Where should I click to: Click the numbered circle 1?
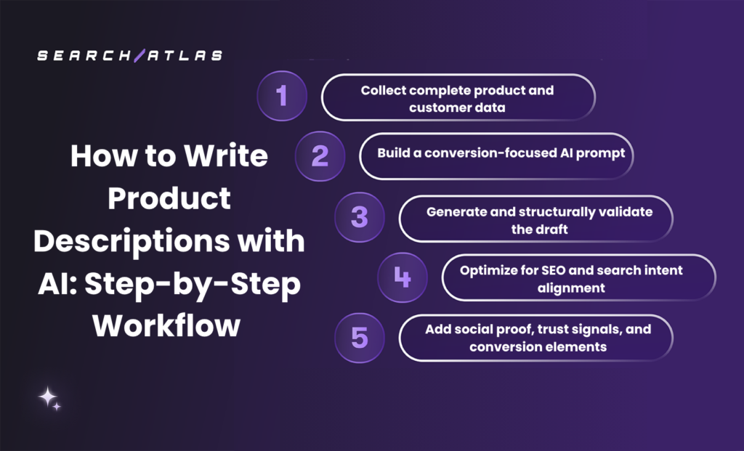[282, 96]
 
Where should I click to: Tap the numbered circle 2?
[320, 156]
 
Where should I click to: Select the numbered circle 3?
[359, 217]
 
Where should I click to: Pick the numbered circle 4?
[402, 277]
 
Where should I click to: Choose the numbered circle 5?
[359, 338]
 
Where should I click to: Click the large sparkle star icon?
[48, 397]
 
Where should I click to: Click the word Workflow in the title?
[166, 325]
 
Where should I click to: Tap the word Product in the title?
[169, 198]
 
